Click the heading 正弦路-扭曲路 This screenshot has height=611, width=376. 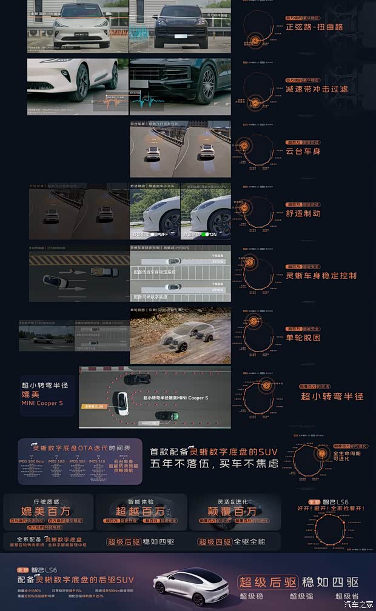pos(314,27)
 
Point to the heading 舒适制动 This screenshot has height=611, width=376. pos(303,213)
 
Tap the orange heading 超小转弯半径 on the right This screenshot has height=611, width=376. pos(332,396)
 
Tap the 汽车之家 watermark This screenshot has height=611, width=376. pos(358,604)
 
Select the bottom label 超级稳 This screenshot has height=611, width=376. pos(255,596)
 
